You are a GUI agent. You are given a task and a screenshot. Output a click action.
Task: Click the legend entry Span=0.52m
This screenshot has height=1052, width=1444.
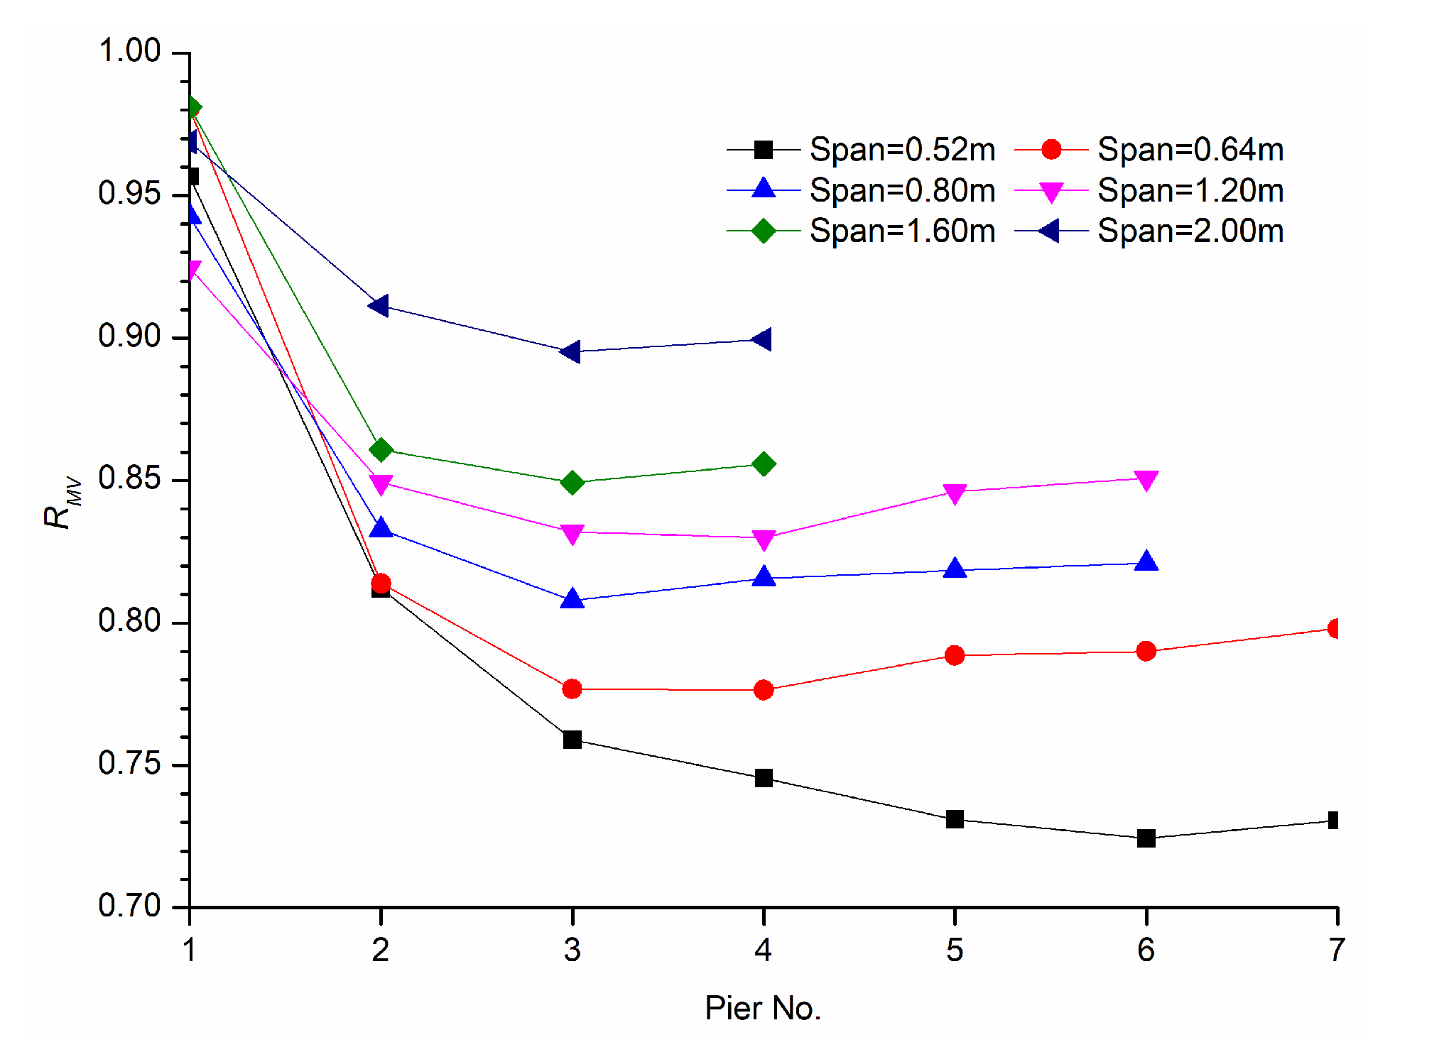[x=902, y=150]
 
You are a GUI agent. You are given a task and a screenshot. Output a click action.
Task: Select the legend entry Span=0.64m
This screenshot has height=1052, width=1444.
[x=1190, y=150]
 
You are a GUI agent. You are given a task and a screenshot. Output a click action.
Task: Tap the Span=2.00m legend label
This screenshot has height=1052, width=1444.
[x=1190, y=231]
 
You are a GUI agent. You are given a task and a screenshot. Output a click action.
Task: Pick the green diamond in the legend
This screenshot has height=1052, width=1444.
[x=764, y=231]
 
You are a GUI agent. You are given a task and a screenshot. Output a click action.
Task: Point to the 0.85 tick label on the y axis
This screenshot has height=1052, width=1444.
[x=130, y=478]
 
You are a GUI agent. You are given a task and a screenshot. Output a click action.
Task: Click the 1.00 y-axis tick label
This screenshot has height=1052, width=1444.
[x=130, y=51]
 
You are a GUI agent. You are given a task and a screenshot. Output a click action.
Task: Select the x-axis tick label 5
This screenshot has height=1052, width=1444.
[x=954, y=950]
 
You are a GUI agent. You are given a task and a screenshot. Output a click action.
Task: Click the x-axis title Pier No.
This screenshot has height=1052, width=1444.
[x=763, y=1008]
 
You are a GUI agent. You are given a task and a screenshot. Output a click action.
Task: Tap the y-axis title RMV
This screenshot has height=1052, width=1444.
[x=63, y=503]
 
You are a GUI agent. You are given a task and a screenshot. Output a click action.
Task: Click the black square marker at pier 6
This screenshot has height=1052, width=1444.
[x=1146, y=838]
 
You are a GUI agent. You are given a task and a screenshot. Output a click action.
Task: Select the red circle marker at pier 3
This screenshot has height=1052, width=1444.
[x=572, y=689]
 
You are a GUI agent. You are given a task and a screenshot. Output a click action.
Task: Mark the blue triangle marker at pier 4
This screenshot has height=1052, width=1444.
[x=764, y=576]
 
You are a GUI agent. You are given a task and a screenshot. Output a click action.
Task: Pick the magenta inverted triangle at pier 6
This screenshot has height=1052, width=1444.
[x=1146, y=480]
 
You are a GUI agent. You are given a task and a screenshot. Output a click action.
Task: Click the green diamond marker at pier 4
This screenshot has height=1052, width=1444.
[x=764, y=464]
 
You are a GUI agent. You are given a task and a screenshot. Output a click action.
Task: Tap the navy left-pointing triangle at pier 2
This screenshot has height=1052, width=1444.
[x=379, y=306]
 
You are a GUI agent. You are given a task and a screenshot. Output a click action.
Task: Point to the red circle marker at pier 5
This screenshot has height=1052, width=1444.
[x=955, y=654]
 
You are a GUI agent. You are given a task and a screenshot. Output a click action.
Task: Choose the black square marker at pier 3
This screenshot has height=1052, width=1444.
[x=572, y=740]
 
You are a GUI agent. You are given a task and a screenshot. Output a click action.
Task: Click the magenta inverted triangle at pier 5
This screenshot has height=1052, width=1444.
[x=955, y=493]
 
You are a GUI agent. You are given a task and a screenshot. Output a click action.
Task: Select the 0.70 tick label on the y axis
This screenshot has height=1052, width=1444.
[x=130, y=906]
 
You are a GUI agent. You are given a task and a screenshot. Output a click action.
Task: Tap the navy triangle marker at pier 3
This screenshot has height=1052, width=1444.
[x=571, y=351]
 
